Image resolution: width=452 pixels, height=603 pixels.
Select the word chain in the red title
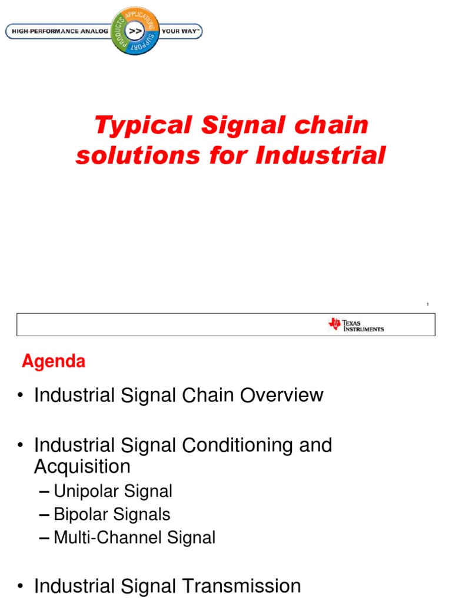(335, 125)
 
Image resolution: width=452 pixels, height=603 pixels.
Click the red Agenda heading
(54, 361)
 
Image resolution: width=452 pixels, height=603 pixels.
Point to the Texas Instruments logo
(356, 324)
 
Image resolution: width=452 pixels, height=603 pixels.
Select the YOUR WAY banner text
(180, 31)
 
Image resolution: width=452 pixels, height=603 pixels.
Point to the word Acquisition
(82, 467)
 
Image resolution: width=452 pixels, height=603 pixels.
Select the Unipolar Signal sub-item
(112, 491)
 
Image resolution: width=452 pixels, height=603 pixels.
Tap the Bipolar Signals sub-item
(112, 514)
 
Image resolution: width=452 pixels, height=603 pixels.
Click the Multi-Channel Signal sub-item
(134, 537)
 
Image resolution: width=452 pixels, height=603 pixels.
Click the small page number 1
(428, 304)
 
